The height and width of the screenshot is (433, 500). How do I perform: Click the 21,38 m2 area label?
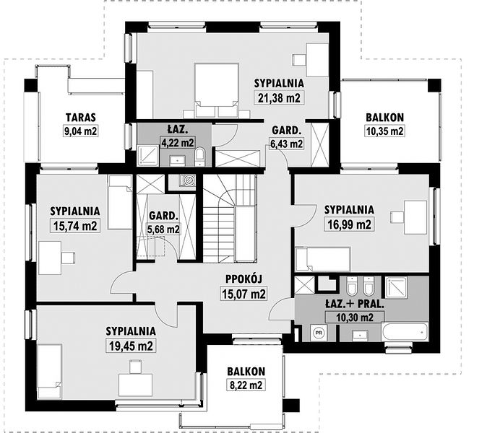(279, 97)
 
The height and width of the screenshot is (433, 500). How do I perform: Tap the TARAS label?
(81, 117)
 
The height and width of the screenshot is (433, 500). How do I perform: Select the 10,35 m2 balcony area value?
(384, 131)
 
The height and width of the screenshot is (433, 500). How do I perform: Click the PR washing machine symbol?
(318, 333)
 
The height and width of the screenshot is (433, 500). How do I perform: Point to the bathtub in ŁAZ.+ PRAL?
(405, 332)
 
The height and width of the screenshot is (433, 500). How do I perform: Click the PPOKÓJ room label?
(243, 279)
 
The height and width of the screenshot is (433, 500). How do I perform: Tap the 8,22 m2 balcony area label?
(246, 385)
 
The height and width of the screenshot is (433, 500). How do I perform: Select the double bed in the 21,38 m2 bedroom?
(217, 90)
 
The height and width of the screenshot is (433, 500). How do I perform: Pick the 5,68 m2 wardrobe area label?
(163, 229)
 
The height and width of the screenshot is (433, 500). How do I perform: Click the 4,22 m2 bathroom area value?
(178, 142)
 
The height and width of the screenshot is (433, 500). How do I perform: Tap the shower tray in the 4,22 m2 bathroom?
(147, 155)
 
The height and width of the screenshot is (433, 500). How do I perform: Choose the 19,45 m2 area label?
(131, 346)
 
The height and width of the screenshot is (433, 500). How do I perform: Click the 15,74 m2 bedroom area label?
(75, 226)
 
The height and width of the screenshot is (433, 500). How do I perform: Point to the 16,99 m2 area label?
(349, 224)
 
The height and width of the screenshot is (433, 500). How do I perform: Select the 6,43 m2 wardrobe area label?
(287, 144)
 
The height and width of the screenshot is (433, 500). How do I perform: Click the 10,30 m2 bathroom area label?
(355, 317)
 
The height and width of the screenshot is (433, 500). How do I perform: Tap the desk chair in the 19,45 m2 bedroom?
(136, 366)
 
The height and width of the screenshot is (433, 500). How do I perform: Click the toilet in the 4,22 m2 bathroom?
(200, 157)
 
